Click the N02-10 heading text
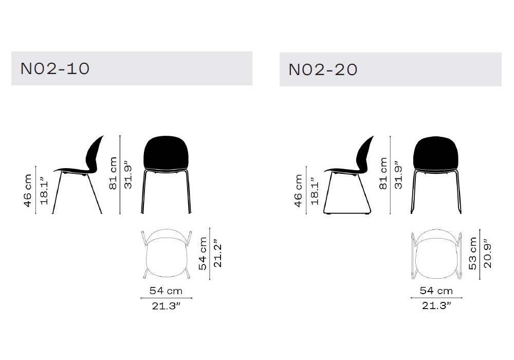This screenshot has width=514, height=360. tap(55, 68)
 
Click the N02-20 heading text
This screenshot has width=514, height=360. tap(323, 69)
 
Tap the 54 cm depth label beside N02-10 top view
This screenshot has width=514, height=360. tap(203, 254)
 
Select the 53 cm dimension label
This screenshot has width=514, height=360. tap(473, 254)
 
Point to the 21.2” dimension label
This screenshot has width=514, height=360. tap(217, 256)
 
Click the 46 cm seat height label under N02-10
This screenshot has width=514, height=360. tap(28, 191)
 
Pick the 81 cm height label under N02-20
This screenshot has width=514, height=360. tap(383, 173)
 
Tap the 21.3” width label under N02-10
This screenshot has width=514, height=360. tap(166, 306)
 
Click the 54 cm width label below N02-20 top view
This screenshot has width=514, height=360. tap(436, 291)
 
